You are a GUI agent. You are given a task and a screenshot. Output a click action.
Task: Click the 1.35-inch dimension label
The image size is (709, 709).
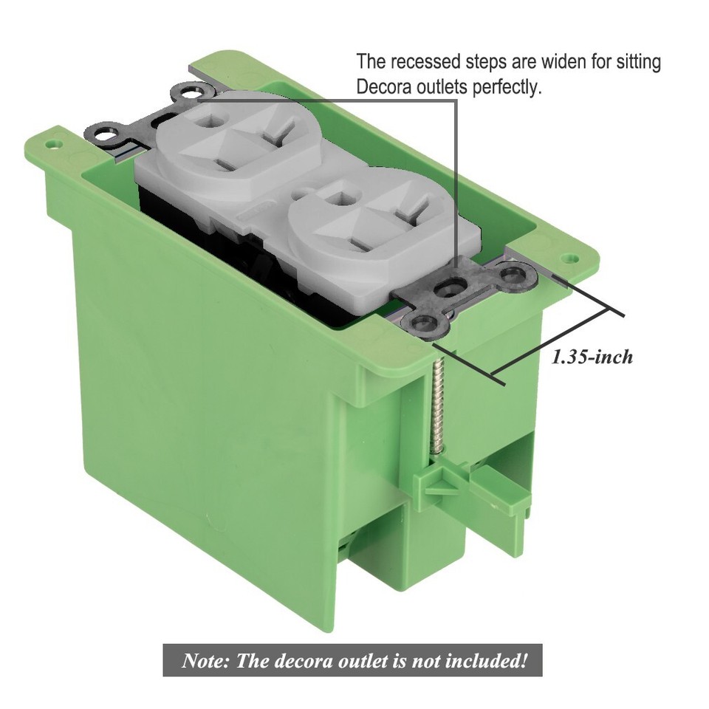point(592,357)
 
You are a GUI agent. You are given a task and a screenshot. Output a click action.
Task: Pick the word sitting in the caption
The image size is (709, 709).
point(638,61)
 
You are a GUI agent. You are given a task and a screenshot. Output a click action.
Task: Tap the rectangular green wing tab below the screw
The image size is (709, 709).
point(510,495)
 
